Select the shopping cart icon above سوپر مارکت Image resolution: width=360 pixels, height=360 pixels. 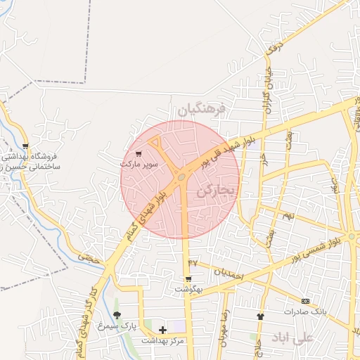point(139,153)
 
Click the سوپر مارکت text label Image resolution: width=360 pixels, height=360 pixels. point(139,164)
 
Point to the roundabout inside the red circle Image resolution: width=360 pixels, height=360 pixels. point(182,176)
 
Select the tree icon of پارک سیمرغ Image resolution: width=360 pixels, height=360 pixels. point(117,315)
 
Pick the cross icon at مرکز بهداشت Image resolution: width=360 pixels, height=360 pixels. point(163,329)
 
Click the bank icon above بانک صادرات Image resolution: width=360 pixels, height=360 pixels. point(304,300)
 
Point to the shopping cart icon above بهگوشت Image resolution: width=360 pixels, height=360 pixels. point(188,278)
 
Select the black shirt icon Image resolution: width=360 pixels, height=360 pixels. point(260,316)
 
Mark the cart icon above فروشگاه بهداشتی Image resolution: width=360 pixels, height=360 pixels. point(26,146)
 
